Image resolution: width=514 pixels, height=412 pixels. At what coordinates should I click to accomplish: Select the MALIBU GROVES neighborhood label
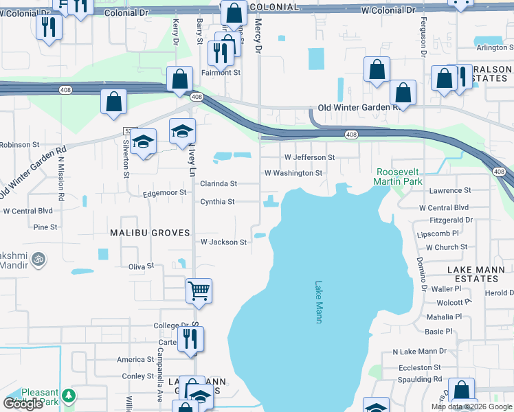150,233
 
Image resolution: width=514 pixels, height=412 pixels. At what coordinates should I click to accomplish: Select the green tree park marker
68,396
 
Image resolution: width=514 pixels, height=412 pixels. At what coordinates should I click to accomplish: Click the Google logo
23,404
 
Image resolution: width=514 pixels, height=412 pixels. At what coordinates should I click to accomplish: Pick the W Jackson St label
223,242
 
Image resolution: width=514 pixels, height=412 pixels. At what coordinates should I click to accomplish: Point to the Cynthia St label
217,202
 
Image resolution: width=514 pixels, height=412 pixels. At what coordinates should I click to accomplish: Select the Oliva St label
140,266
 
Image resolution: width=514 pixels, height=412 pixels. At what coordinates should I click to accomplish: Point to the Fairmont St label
221,72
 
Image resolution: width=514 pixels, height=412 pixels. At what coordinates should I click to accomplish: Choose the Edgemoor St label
165,193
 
